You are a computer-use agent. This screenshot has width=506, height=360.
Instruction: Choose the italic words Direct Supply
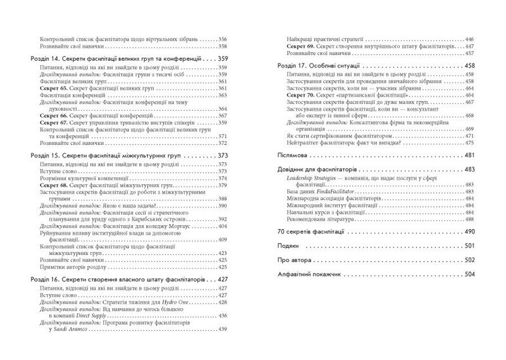[x=80, y=316]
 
